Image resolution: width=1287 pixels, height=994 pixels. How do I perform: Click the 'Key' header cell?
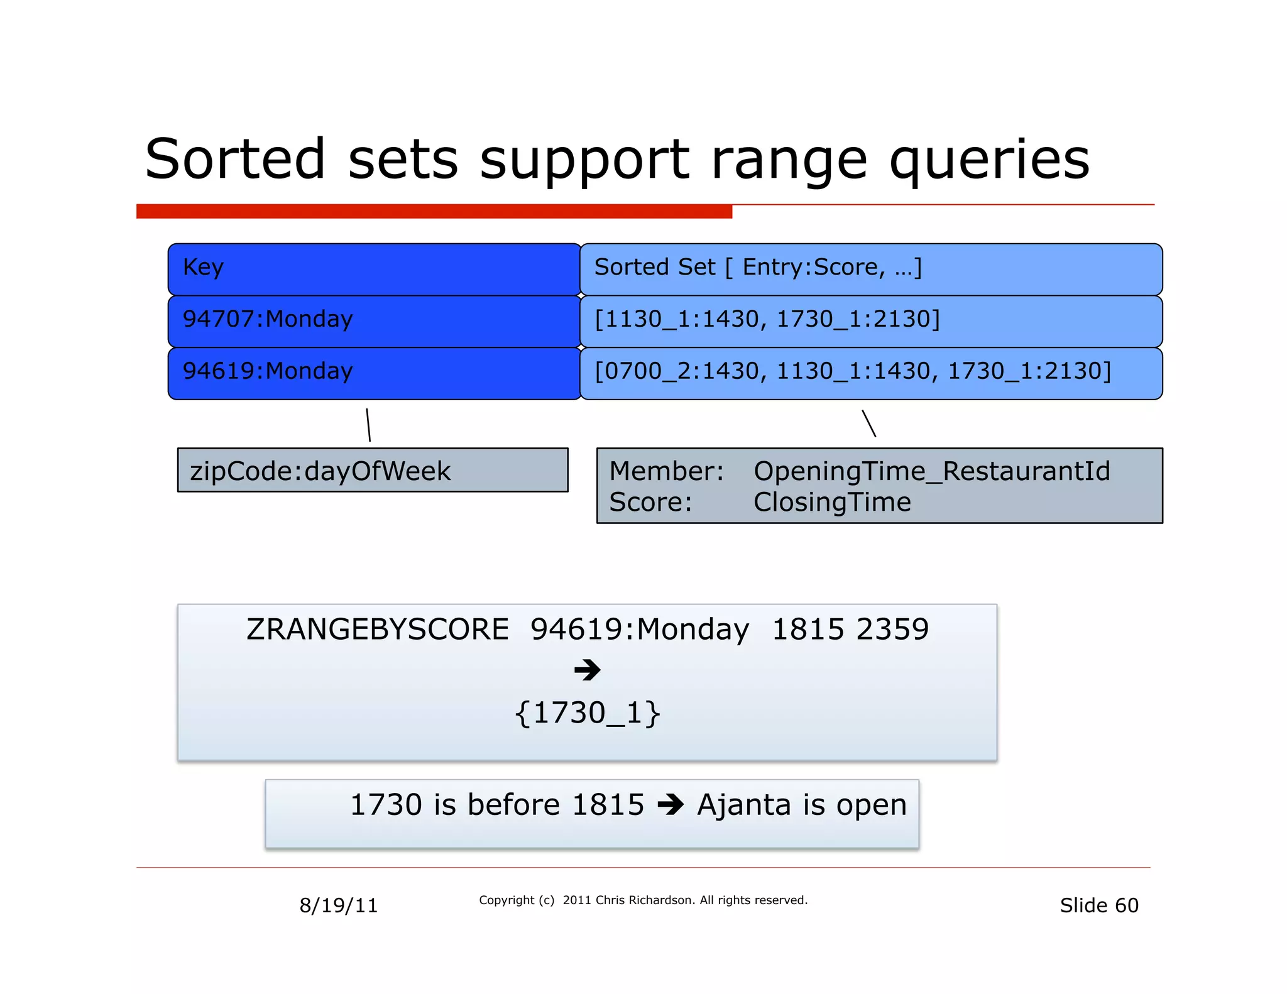[374, 269]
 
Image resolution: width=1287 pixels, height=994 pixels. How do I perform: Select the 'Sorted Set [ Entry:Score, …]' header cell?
[870, 269]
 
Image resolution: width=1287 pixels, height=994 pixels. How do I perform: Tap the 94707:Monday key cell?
[374, 320]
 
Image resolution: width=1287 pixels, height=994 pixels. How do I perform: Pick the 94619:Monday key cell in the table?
[374, 372]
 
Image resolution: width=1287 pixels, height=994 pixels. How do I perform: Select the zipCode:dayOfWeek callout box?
[372, 471]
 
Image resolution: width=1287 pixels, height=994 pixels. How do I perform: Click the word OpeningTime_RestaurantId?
[931, 471]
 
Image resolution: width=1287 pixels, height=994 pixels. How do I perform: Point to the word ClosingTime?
[831, 503]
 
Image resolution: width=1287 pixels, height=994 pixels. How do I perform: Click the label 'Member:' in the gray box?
[666, 471]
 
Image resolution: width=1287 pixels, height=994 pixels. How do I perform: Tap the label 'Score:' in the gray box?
[650, 503]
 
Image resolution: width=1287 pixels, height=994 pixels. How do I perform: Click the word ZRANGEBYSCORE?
[378, 630]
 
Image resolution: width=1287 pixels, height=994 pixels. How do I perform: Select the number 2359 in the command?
[892, 630]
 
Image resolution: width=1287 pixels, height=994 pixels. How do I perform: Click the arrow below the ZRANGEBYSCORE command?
[587, 670]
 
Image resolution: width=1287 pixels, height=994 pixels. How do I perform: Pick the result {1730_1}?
[587, 713]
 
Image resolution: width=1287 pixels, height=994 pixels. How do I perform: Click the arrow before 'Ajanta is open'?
[670, 805]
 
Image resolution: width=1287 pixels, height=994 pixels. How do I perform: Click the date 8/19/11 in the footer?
[338, 905]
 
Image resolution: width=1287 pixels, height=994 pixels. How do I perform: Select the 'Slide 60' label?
[1098, 905]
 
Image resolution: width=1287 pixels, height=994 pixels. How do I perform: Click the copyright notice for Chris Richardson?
[643, 900]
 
